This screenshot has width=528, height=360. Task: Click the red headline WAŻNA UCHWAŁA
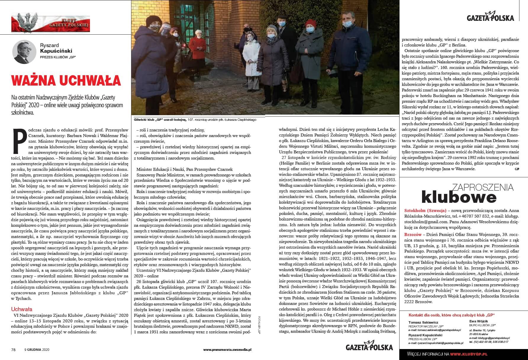click(66, 81)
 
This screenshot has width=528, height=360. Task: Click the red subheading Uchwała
click(21, 309)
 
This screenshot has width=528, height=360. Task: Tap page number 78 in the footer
click(13, 349)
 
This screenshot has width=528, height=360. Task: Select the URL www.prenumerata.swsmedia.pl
click(227, 349)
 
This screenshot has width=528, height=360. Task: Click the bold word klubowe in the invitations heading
click(459, 197)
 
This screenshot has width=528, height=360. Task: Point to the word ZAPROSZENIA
click(482, 187)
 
